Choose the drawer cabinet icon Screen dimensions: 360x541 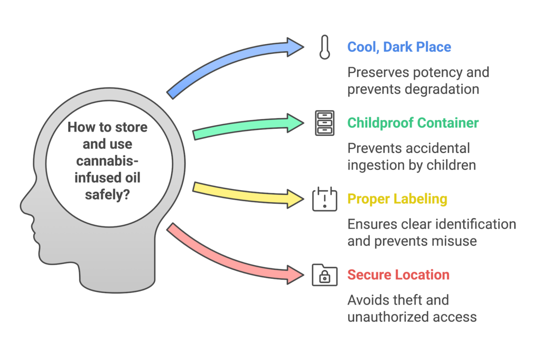324,123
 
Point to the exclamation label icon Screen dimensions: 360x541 324,199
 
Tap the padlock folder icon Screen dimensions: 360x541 324,275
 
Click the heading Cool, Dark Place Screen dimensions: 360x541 399,47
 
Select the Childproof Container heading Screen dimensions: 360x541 413,123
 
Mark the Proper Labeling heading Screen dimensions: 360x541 397,199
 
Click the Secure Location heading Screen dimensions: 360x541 398,275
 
